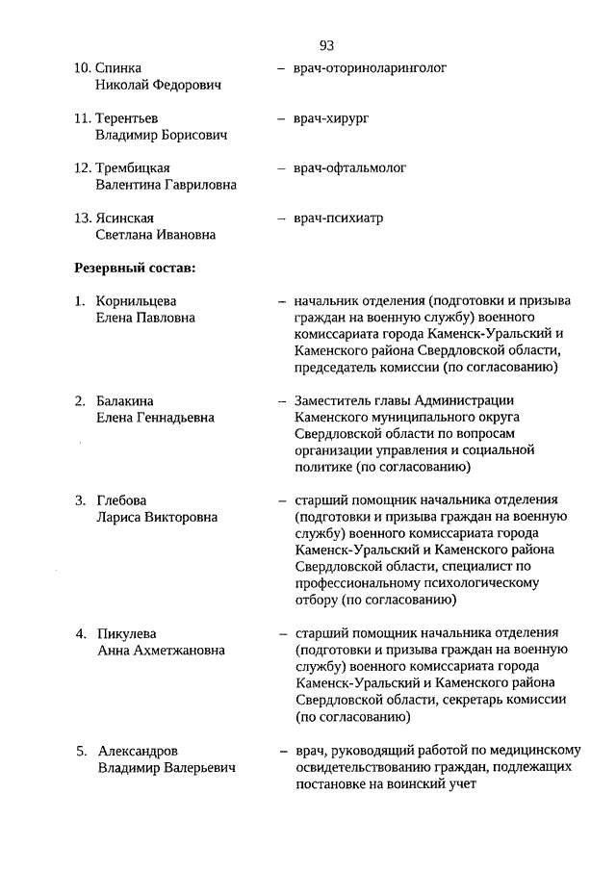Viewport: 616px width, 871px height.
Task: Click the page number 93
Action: tap(325, 45)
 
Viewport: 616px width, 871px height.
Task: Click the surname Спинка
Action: tap(118, 68)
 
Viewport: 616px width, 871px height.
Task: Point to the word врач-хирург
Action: tap(332, 118)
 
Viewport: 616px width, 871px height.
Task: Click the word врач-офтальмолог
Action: tap(350, 168)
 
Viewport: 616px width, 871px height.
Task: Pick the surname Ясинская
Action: tap(125, 218)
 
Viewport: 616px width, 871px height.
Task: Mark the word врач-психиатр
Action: tap(339, 218)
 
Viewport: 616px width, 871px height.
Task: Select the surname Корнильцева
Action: tap(137, 301)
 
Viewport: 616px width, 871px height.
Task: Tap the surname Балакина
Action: tap(125, 401)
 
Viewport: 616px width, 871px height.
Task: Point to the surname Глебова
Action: tap(122, 501)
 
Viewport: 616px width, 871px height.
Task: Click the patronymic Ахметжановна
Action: tap(176, 651)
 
